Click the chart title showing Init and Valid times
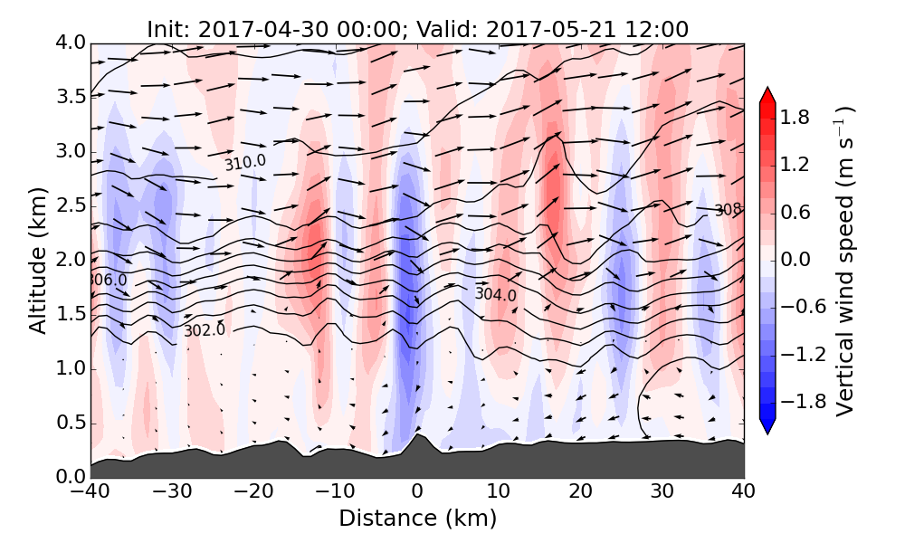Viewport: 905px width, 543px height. (417, 29)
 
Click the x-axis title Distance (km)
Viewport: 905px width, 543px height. (417, 519)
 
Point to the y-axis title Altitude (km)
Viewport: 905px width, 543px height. (37, 261)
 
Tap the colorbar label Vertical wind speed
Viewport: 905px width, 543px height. (843, 261)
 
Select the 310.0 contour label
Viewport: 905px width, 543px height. (245, 163)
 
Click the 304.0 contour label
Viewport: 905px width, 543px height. (495, 294)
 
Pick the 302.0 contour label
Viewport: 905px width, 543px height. (204, 330)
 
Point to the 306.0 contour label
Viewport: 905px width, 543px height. (107, 281)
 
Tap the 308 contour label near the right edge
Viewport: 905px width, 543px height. (728, 210)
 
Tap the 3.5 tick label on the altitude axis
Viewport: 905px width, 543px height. (70, 97)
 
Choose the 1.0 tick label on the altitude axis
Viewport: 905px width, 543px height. (70, 368)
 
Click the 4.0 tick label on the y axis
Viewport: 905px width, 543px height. (70, 43)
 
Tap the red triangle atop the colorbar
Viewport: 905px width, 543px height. (767, 95)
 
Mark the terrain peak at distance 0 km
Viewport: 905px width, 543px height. (416, 436)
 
